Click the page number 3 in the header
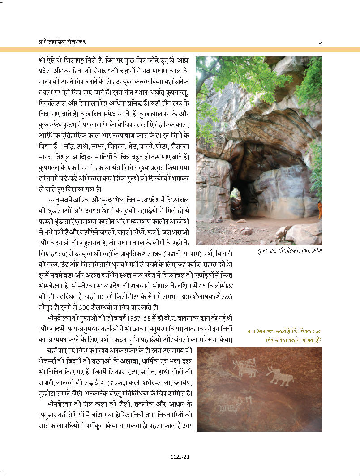point(320,42)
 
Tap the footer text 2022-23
point(180,457)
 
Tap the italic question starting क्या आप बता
point(285,335)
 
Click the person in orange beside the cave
point(320,209)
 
